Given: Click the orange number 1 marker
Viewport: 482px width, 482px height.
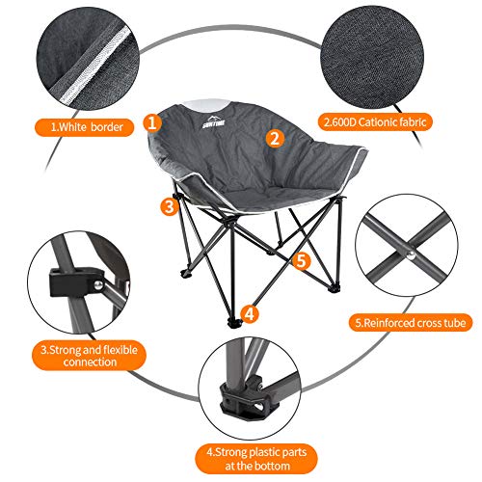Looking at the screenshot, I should [x=152, y=121].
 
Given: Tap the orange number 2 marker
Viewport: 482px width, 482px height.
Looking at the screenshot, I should [x=275, y=137].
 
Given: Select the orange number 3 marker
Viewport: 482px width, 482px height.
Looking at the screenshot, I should [x=169, y=205].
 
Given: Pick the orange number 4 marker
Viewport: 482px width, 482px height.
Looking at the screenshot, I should [x=249, y=313].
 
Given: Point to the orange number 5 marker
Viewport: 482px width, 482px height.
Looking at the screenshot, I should [x=300, y=260].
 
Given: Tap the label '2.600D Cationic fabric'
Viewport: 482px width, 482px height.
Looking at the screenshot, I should [x=373, y=123].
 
